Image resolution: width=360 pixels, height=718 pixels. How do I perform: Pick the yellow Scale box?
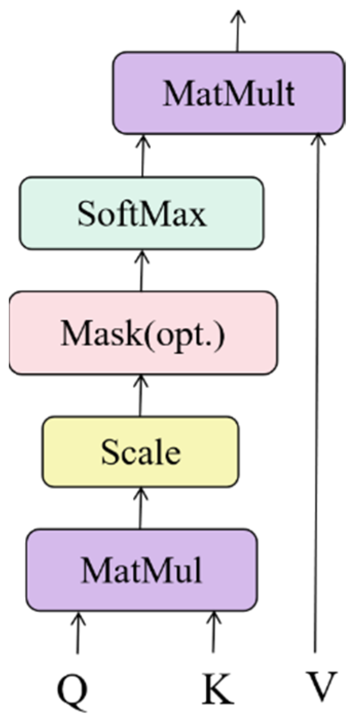140,452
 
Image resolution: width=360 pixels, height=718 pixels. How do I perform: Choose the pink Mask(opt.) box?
143,333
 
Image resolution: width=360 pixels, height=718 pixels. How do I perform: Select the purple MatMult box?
228,93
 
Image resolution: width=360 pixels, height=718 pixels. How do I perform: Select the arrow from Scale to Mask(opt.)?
140,395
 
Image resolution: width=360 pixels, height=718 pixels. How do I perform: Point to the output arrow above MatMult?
237,31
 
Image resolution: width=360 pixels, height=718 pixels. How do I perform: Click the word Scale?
140,452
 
